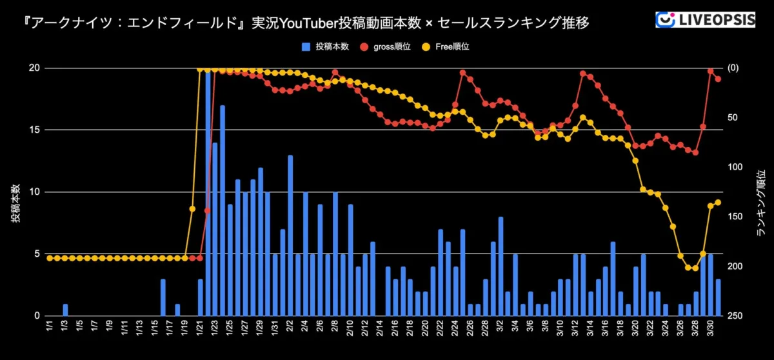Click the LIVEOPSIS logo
pos(705,19)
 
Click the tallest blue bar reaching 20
pos(208,194)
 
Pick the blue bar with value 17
pos(223,210)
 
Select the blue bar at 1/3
pos(65,310)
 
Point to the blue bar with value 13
pos(290,235)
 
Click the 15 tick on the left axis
pos(34,130)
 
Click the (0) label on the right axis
pos(733,68)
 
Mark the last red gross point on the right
pos(718,79)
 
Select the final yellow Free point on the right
pos(718,203)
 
